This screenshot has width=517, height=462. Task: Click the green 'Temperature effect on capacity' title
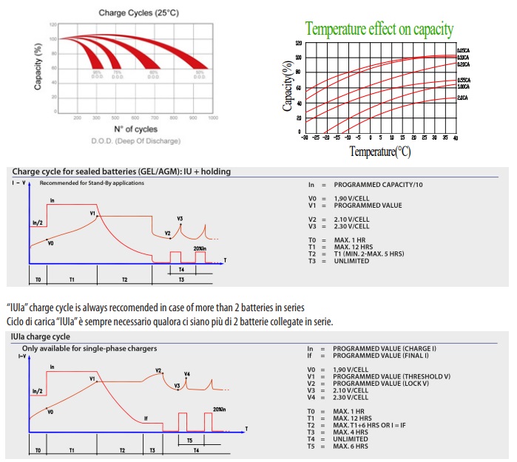(x=379, y=30)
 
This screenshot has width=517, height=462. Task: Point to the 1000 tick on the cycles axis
(x=213, y=118)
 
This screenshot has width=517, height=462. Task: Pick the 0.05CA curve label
(x=464, y=50)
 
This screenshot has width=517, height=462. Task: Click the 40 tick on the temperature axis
(x=454, y=137)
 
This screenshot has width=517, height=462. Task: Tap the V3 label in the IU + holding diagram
(x=180, y=219)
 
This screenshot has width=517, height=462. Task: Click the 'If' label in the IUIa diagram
(x=146, y=418)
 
